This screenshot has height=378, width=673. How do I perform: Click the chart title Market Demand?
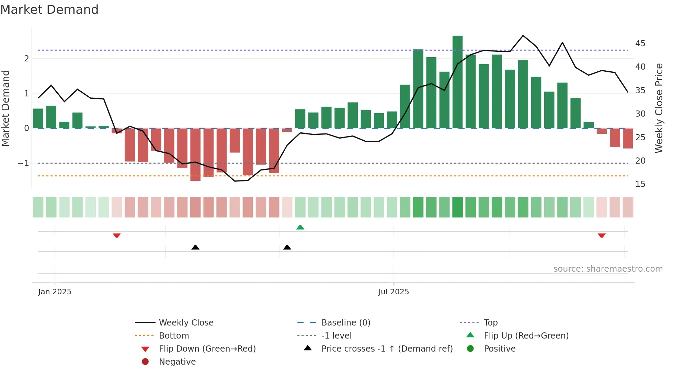coord(49,10)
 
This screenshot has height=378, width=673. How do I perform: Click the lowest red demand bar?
coord(195,154)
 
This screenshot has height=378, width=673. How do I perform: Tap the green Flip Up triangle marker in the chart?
coord(300,227)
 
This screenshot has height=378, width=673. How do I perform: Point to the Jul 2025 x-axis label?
coord(393,292)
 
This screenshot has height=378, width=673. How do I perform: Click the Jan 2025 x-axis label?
coord(55,292)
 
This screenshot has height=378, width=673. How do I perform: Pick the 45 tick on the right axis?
coord(640,44)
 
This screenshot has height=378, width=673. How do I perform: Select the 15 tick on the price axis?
coord(640,184)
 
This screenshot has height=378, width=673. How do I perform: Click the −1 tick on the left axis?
coord(23,163)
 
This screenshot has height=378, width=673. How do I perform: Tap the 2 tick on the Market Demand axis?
coord(26,59)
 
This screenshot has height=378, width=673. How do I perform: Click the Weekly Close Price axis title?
coord(659,108)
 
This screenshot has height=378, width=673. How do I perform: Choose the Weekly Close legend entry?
coord(186,323)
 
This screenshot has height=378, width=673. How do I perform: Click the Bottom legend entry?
coord(174,336)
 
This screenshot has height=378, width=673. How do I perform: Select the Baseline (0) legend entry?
coord(345,323)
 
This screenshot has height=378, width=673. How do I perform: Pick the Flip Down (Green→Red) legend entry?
coord(207,349)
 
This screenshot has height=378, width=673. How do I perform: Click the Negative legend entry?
coord(177,362)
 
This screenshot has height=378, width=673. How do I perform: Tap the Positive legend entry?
coord(499,349)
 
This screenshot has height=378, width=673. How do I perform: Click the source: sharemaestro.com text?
coord(608,269)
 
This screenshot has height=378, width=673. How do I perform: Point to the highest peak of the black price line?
coord(523,35)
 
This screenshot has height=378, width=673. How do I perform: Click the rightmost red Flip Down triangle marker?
coord(602,235)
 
